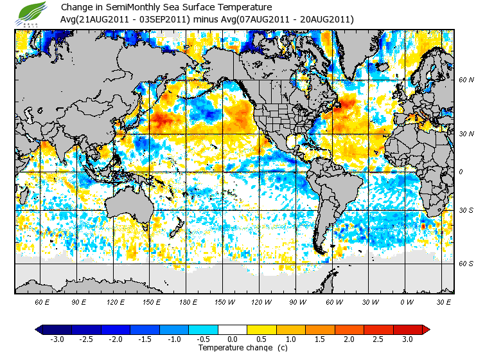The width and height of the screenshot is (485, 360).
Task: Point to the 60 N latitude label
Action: pos(466,80)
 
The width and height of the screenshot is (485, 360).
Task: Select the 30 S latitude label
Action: pos(466,210)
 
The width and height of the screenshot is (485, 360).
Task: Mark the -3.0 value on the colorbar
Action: pos(57,339)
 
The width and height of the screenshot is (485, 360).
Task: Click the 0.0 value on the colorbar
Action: pos(233,339)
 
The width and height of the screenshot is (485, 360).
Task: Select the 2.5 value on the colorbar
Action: pos(379,339)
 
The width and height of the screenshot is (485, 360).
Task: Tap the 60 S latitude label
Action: pos(466,264)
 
